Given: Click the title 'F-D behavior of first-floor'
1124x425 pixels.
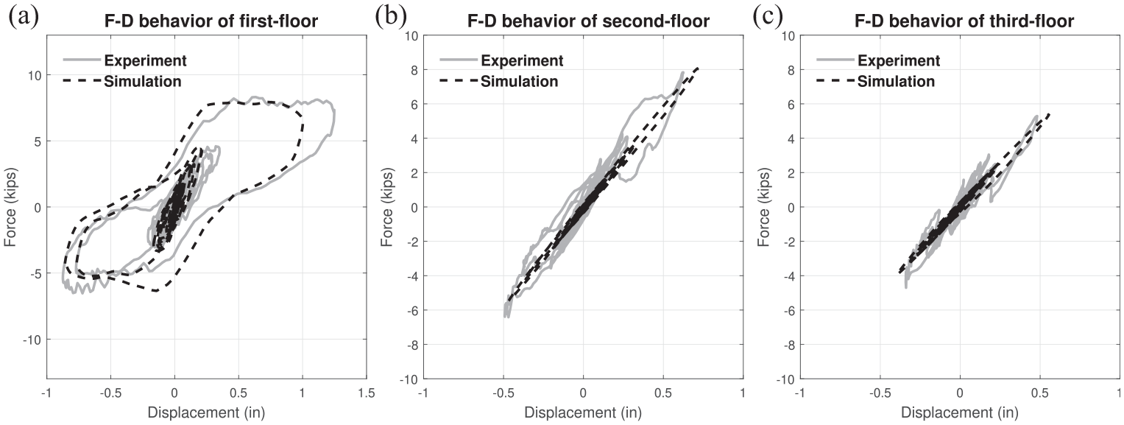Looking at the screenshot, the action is tap(211, 21).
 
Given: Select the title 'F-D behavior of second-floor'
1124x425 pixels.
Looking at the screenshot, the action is tap(588, 21).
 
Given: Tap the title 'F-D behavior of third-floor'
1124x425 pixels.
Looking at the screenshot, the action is tap(964, 21).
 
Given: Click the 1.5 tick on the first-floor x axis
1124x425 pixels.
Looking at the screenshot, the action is tap(367, 393).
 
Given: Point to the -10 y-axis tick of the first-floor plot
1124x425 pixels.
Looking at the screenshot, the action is tap(32, 340).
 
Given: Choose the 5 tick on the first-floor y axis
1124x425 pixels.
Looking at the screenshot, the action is tap(38, 141).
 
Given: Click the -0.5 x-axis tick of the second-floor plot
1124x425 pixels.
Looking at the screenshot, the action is tap(503, 393).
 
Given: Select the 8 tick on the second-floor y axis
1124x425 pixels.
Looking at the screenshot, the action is tap(415, 70).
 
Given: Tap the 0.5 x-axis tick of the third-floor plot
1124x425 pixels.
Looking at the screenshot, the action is tap(1039, 393).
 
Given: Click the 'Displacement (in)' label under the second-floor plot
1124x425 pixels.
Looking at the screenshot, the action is tap(583, 413).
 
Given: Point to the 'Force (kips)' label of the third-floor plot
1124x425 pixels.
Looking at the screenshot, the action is tap(764, 207).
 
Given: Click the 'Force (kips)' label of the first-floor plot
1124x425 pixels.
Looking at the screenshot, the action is tap(10, 207).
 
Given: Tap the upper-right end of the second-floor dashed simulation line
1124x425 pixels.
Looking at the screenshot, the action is tap(698, 68).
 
